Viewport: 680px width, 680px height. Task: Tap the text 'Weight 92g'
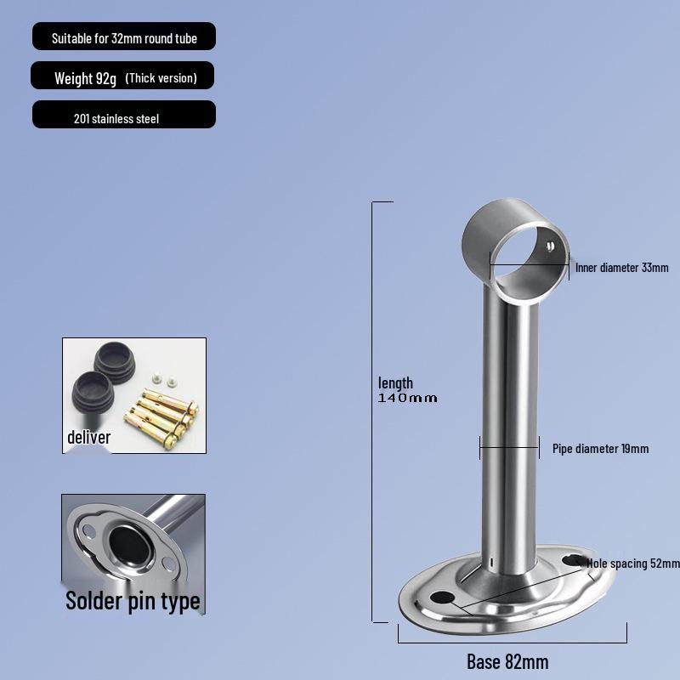click(86, 78)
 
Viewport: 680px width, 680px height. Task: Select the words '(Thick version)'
click(161, 78)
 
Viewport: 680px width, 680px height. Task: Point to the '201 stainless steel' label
click(116, 119)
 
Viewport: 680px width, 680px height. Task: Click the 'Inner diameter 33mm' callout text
click(621, 268)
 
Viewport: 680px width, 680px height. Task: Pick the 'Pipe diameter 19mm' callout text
click(600, 449)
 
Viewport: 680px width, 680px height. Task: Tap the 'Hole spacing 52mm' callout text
click(633, 564)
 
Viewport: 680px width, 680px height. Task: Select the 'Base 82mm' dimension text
click(507, 661)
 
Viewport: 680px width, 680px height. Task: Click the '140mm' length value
click(408, 398)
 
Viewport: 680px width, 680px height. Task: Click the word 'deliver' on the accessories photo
click(89, 438)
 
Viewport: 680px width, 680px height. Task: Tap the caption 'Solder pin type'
click(133, 601)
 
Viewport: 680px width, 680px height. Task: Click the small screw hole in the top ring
click(549, 246)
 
